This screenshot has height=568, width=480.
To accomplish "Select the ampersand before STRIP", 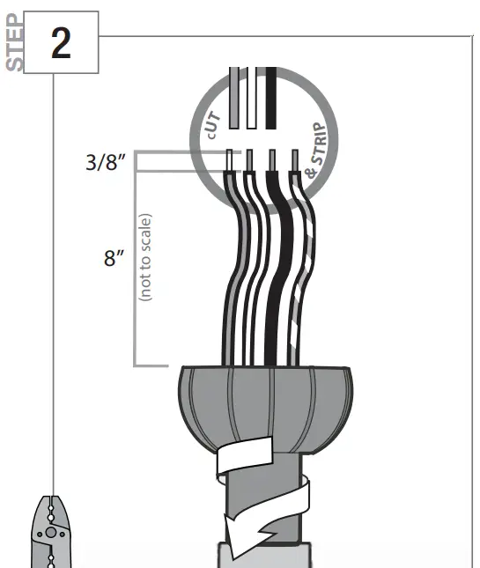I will [x=311, y=173].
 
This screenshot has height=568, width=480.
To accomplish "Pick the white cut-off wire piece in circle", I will [x=252, y=99].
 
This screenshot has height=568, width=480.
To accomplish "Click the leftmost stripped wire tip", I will [x=231, y=161].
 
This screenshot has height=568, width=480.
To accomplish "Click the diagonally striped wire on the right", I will [x=303, y=264].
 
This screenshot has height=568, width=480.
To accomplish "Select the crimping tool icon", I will [x=51, y=533].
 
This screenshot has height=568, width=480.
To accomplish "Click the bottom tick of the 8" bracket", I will [x=151, y=365].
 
